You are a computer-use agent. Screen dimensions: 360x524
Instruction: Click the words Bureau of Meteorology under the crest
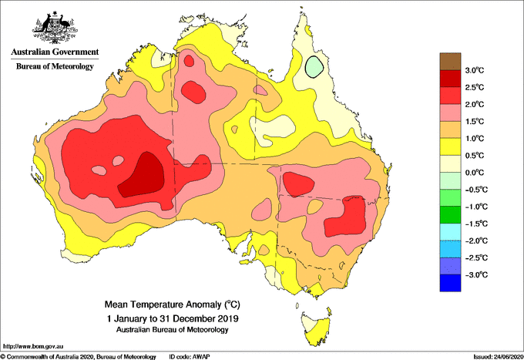pos(54,67)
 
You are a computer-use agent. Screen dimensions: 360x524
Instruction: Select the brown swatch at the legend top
pos(451,61)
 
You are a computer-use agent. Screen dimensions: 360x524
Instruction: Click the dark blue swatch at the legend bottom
pos(451,283)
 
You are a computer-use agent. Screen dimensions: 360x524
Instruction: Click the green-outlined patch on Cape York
pos(314,67)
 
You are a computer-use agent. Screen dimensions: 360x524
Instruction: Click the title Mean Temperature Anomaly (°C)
pos(173,304)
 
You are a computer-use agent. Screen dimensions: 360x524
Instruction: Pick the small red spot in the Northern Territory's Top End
pos(190,60)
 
